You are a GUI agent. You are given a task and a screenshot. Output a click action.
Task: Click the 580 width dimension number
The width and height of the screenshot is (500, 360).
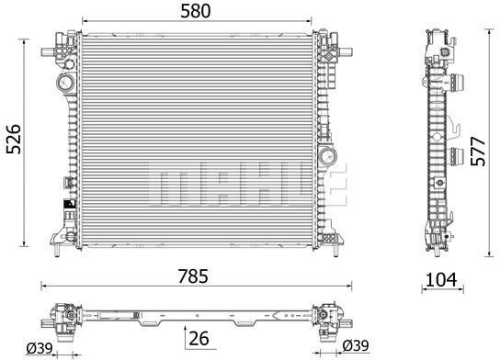(196, 11)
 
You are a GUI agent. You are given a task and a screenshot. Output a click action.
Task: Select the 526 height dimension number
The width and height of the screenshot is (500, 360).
(14, 140)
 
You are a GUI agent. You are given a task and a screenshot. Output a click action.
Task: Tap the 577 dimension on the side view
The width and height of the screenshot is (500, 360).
(478, 152)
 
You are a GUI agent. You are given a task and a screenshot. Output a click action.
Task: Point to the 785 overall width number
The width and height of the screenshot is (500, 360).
(193, 276)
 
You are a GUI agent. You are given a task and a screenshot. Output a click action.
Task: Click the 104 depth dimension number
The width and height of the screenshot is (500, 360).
(442, 280)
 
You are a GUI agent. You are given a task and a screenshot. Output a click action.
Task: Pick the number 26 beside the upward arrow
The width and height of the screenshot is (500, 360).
(199, 338)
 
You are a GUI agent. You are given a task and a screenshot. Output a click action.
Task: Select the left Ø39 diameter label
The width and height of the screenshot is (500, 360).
(40, 348)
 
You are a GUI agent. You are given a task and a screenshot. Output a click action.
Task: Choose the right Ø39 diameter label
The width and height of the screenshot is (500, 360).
(356, 345)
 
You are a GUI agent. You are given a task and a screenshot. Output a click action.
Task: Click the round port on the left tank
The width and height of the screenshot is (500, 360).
(65, 83)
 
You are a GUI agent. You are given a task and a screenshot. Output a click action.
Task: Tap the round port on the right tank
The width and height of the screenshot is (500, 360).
(328, 156)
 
